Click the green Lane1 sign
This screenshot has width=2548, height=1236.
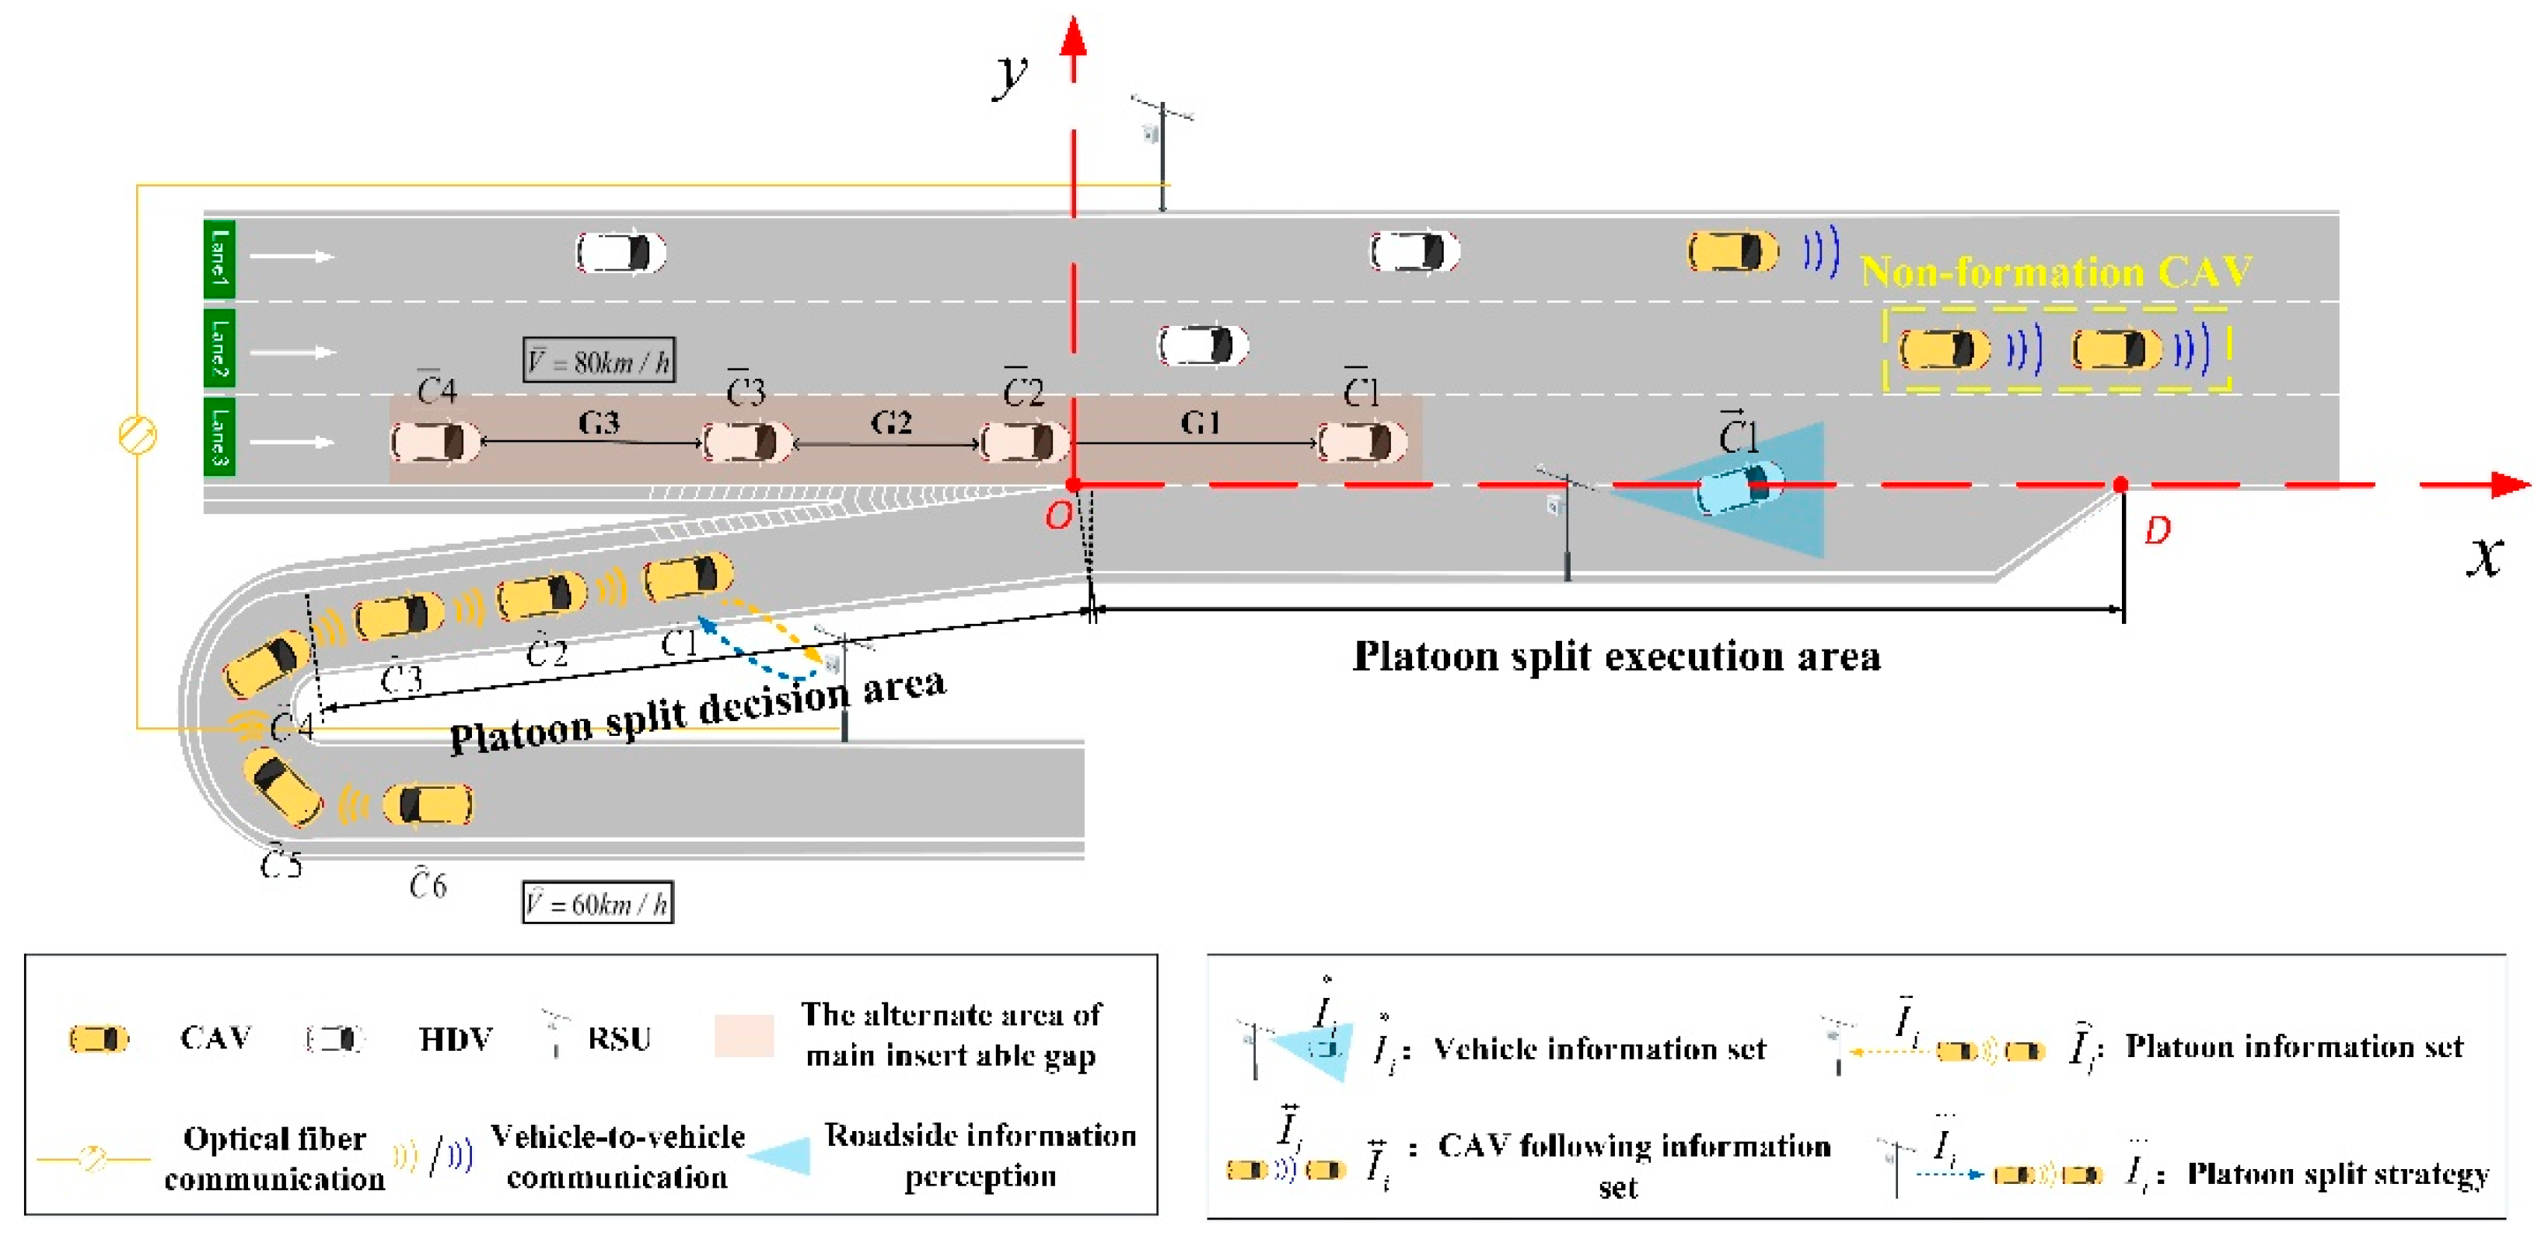click(218, 258)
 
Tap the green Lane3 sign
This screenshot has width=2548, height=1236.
click(218, 436)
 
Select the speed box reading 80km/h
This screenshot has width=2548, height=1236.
click(599, 360)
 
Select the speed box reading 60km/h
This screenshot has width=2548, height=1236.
click(597, 902)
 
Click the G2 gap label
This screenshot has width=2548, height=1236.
click(890, 424)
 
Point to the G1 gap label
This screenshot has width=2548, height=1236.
click(1200, 424)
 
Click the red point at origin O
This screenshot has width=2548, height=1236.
click(1073, 485)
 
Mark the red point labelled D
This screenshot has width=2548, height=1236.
click(2120, 485)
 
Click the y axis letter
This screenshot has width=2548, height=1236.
click(1011, 73)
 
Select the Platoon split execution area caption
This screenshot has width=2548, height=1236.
click(1617, 656)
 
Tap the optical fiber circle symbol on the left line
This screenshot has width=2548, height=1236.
click(138, 436)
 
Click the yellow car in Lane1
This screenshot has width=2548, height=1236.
click(1732, 251)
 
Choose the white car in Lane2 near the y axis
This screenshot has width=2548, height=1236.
click(1203, 345)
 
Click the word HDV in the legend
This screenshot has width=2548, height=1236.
click(455, 1039)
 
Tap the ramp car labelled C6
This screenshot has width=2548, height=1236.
click(428, 804)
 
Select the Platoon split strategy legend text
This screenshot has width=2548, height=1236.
click(2337, 1175)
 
